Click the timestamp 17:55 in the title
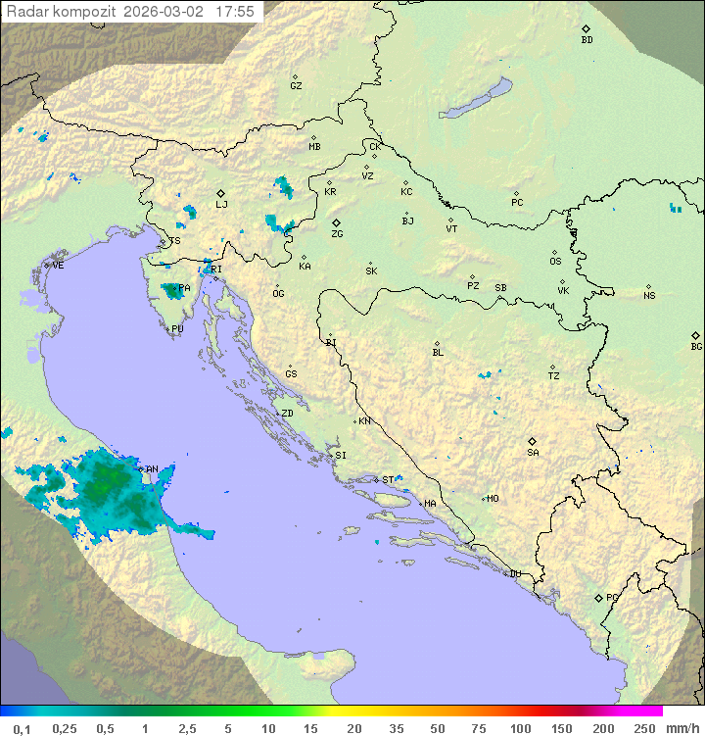click(x=235, y=12)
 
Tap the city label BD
click(x=587, y=40)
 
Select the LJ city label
click(x=221, y=205)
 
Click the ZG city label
click(x=337, y=234)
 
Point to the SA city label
click(x=533, y=452)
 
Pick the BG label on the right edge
click(x=696, y=346)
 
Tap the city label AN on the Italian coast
click(x=152, y=469)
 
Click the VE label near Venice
click(x=58, y=266)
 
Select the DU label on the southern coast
click(x=514, y=574)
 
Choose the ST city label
click(x=388, y=480)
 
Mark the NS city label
click(x=649, y=296)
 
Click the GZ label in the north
click(x=296, y=86)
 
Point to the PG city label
click(x=612, y=597)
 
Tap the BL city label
click(x=438, y=353)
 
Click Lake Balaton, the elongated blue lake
click(x=477, y=99)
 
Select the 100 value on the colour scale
click(x=520, y=728)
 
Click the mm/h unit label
click(x=681, y=728)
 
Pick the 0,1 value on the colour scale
click(x=22, y=728)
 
